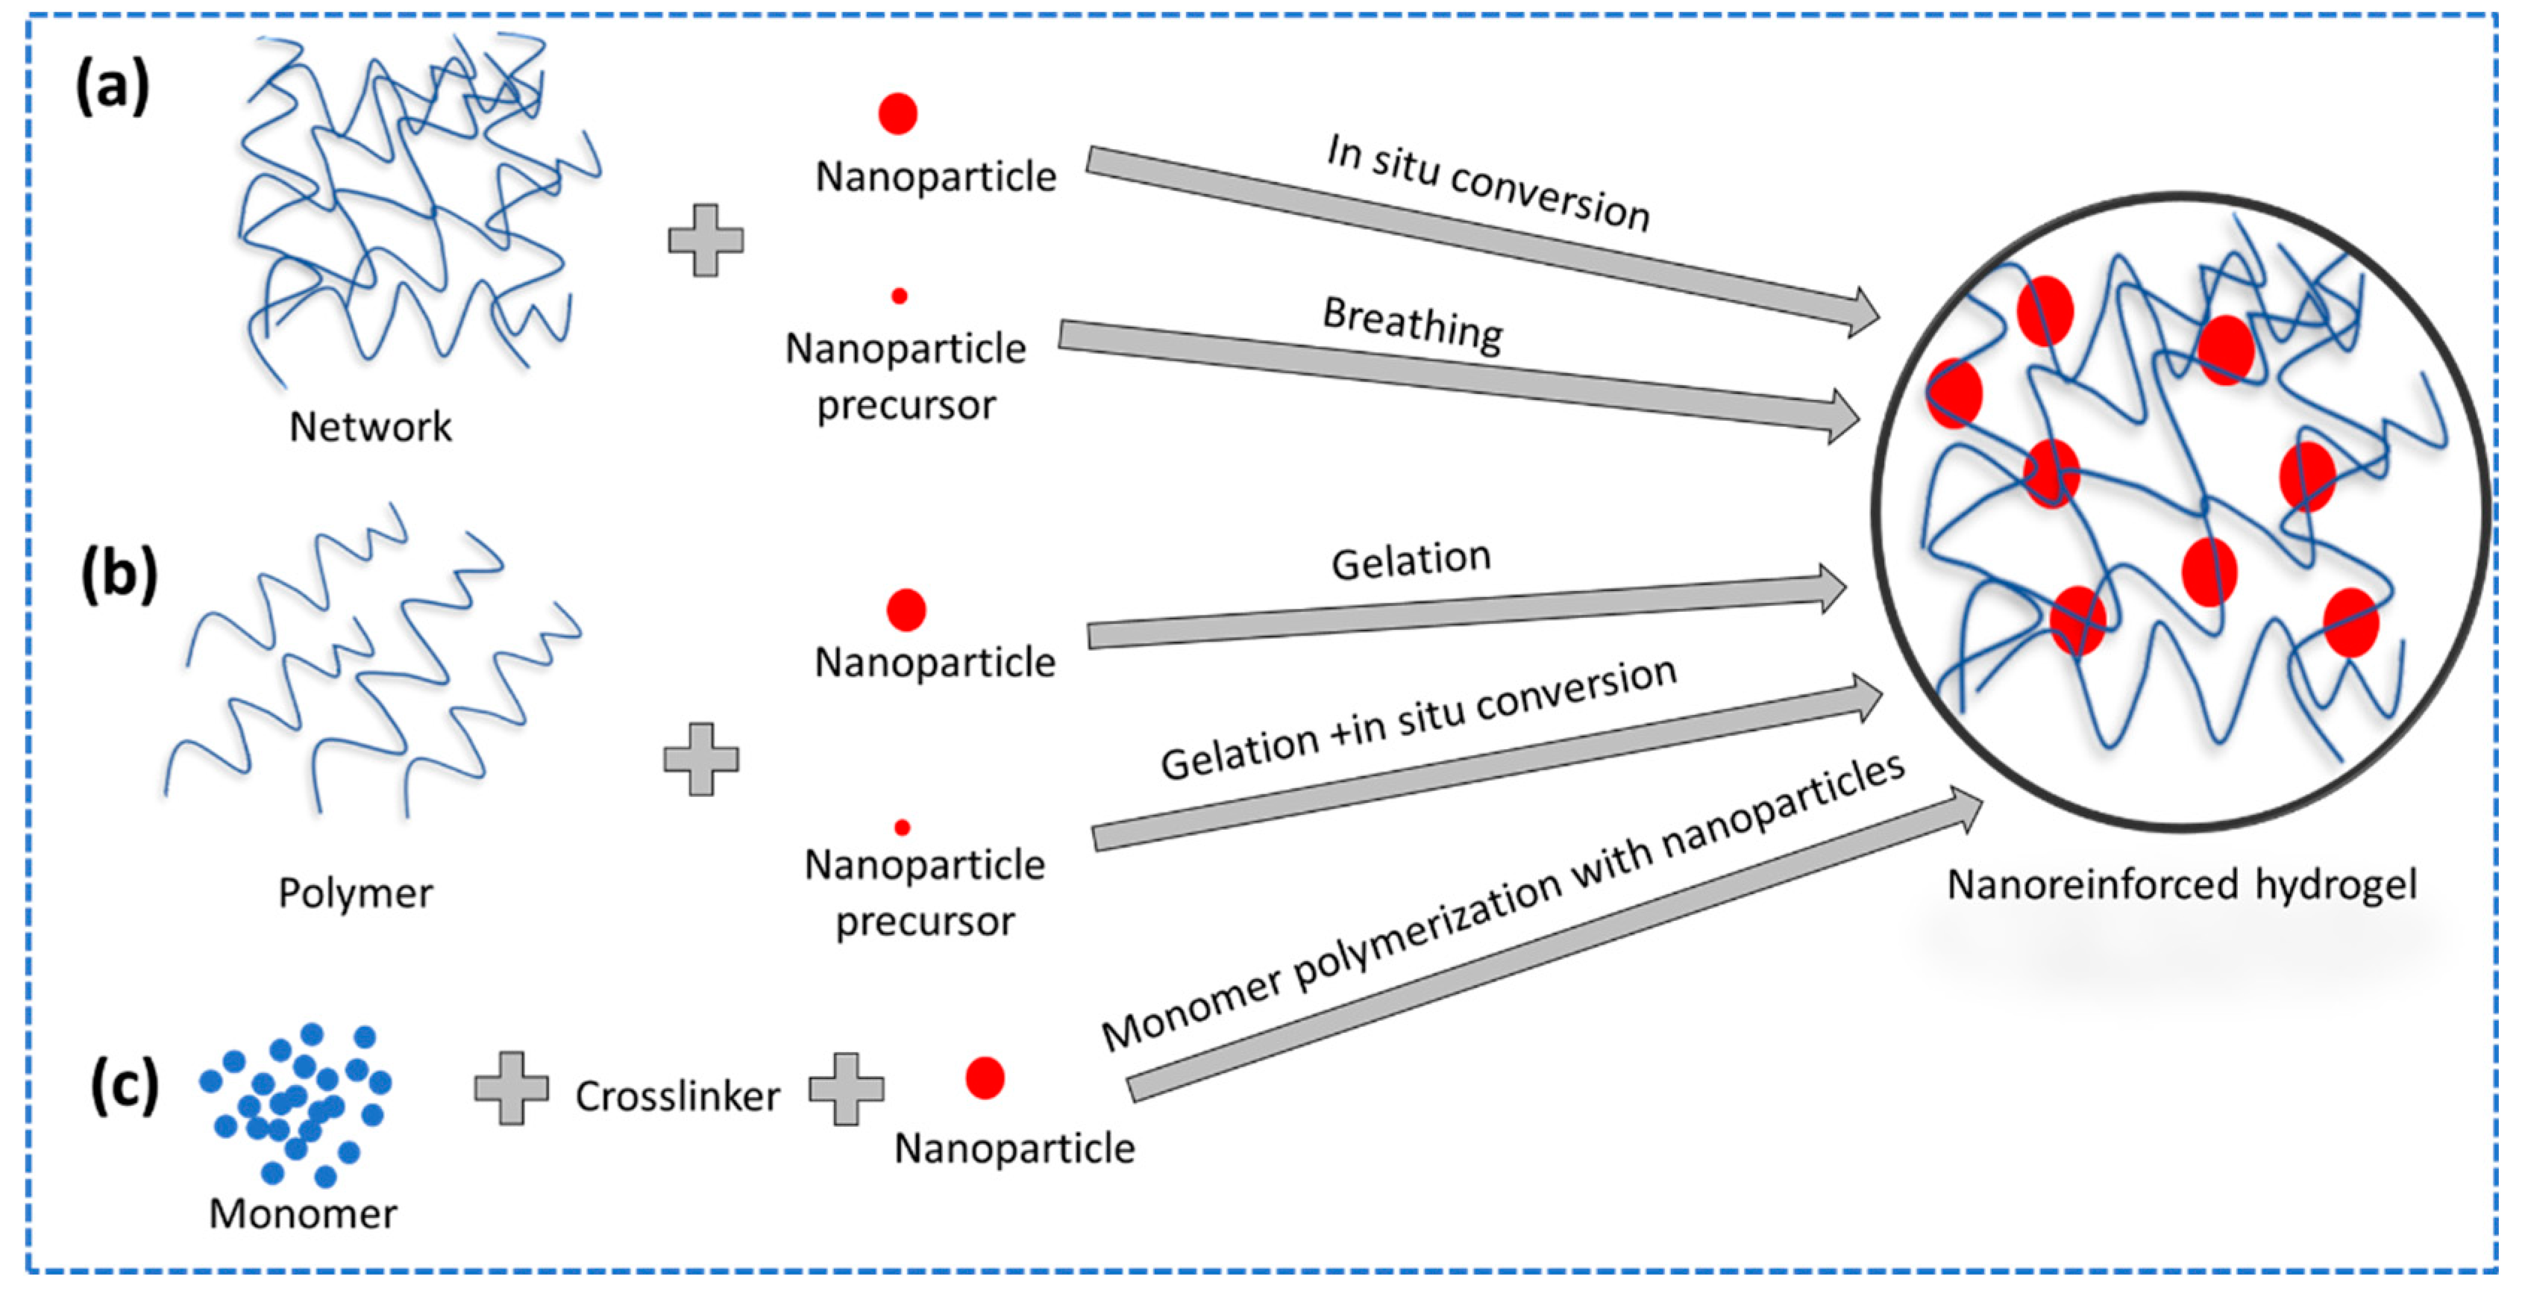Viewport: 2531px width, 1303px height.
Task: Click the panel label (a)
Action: pyautogui.click(x=113, y=87)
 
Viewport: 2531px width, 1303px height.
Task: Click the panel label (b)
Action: pyautogui.click(x=119, y=575)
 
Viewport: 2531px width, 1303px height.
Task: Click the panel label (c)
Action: pyautogui.click(x=125, y=1086)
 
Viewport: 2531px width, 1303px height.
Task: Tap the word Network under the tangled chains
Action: pyautogui.click(x=371, y=426)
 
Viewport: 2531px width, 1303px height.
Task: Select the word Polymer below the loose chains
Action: pyautogui.click(x=356, y=894)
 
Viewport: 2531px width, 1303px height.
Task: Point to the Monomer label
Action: pyautogui.click(x=303, y=1214)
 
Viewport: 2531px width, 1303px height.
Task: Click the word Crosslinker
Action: pyautogui.click(x=678, y=1096)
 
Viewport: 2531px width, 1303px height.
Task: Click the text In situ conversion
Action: pyautogui.click(x=1487, y=184)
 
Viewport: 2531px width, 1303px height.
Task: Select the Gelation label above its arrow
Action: pyautogui.click(x=1411, y=561)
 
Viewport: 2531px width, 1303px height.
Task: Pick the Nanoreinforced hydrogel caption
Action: pyautogui.click(x=2182, y=885)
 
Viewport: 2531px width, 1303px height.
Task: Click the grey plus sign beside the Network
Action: pyautogui.click(x=706, y=240)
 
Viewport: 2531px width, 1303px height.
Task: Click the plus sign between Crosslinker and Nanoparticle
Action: pyautogui.click(x=846, y=1089)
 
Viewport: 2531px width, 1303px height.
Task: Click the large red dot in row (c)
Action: pyautogui.click(x=985, y=1078)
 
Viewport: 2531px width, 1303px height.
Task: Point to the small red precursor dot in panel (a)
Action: pyautogui.click(x=899, y=296)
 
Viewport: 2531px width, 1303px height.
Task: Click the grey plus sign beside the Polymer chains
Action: pyautogui.click(x=700, y=759)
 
